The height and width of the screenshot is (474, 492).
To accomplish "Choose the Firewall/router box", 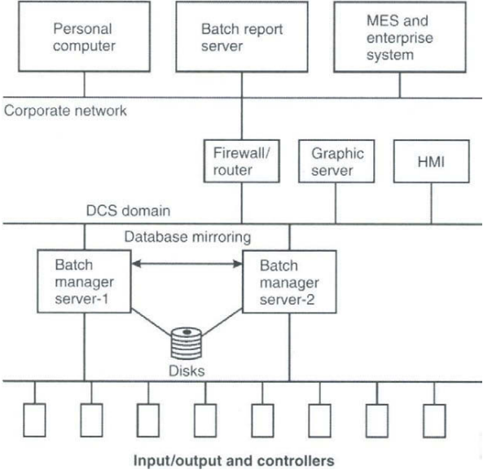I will coord(235,162).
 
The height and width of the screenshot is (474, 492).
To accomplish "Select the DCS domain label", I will coord(128,212).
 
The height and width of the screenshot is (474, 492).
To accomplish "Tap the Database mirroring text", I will coord(187,238).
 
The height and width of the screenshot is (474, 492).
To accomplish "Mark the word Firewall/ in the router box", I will coord(235,153).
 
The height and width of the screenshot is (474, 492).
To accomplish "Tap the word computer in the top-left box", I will coord(83,46).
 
